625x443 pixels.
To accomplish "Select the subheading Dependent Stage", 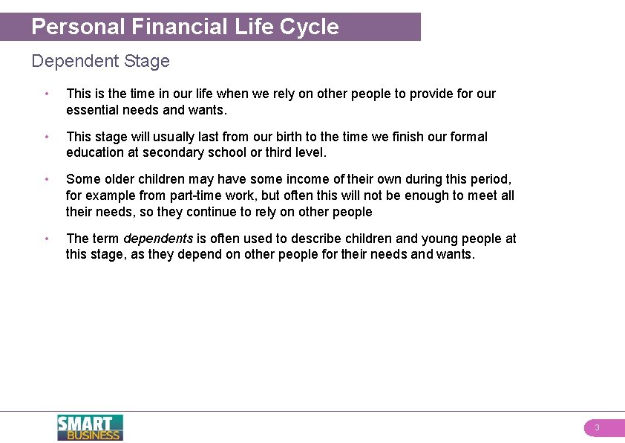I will [x=100, y=61].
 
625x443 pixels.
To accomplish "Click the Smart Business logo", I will [x=90, y=427].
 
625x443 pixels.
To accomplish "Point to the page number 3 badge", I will [x=597, y=428].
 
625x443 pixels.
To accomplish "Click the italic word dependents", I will [x=158, y=239].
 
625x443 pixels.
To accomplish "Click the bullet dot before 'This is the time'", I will [x=46, y=94].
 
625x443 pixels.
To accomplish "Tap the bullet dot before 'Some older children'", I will [x=46, y=179].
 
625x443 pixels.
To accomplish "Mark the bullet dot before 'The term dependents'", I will [x=46, y=239].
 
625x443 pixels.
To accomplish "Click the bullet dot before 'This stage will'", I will [x=46, y=137].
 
